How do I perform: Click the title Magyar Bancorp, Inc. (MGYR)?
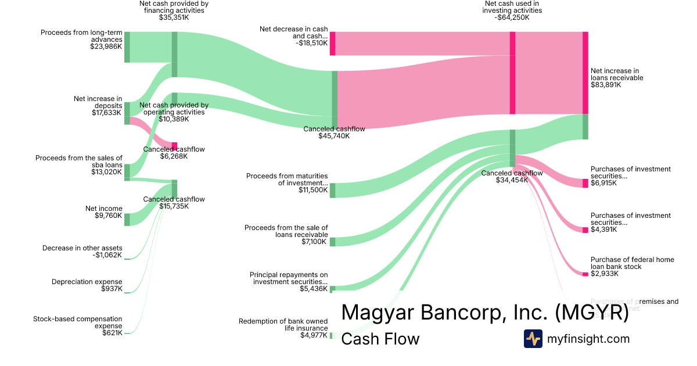click(485, 312)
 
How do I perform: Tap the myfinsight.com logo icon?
click(533, 339)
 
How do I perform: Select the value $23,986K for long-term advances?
click(106, 46)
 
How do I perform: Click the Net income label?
click(104, 209)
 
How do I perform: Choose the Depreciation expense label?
click(87, 282)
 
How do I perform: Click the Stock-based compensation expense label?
click(78, 322)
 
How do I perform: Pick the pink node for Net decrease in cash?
click(332, 44)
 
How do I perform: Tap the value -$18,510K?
click(311, 43)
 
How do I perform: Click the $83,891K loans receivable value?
click(606, 85)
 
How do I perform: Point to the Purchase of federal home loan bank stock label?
click(633, 263)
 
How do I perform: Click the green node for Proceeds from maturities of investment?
click(332, 190)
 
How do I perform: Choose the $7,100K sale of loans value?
click(314, 242)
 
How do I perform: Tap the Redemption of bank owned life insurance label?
click(283, 325)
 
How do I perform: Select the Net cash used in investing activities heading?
click(513, 7)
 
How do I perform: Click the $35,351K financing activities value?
click(174, 17)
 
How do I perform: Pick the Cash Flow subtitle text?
click(380, 339)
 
